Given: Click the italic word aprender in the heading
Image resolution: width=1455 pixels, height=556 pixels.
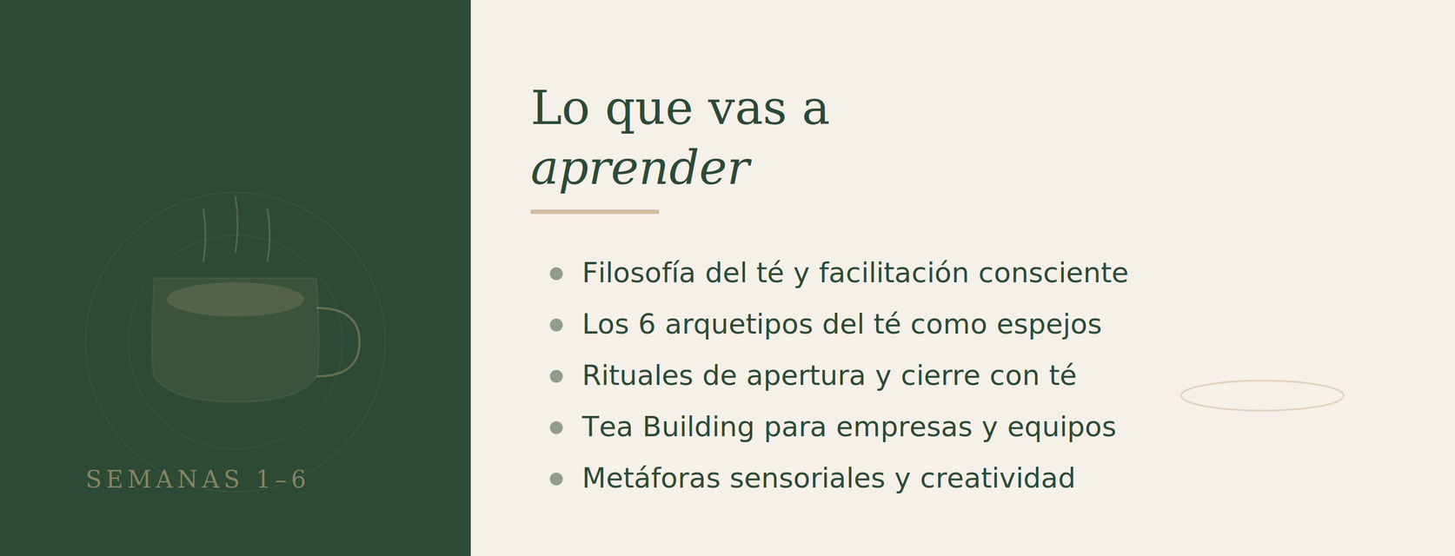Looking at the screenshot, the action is [x=641, y=169].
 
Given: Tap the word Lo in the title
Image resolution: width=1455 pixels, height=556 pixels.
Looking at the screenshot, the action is [x=560, y=109].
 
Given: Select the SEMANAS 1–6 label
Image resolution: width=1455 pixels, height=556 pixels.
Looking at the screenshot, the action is [x=196, y=480].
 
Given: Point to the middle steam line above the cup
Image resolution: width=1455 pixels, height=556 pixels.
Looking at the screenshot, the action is [x=236, y=224].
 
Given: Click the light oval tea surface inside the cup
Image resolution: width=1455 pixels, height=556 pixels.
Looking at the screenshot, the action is [x=236, y=300].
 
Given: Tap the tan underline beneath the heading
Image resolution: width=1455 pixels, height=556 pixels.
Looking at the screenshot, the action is [x=595, y=212].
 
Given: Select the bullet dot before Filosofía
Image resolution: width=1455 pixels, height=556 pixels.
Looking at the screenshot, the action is [x=556, y=274].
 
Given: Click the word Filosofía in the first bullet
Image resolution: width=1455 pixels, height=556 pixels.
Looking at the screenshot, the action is [x=639, y=273].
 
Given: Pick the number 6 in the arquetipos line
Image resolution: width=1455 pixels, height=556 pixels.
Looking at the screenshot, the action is [x=647, y=325].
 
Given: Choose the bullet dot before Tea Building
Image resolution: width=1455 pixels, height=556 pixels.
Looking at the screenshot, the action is [x=556, y=427].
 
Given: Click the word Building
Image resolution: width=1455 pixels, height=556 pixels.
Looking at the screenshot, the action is [x=698, y=428].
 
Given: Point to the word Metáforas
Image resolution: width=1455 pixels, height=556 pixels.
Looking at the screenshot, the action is [x=651, y=479].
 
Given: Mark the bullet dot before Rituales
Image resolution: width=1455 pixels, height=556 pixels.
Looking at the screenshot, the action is [x=556, y=376].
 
